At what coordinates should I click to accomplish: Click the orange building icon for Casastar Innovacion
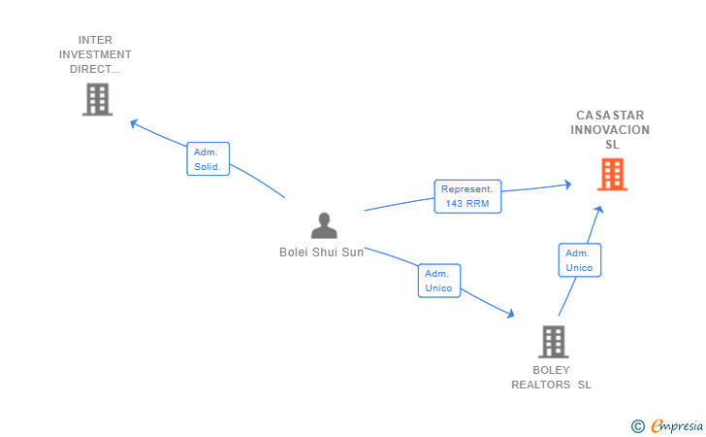click(612, 174)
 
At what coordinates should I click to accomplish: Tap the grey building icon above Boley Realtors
click(554, 342)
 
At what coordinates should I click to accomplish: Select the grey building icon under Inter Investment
click(97, 99)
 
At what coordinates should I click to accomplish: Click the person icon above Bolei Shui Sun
click(324, 225)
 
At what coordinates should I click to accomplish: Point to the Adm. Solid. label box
click(208, 158)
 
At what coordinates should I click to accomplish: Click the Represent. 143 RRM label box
click(467, 196)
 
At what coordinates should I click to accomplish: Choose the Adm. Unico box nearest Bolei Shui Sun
click(439, 281)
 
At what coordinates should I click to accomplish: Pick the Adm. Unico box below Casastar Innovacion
click(580, 260)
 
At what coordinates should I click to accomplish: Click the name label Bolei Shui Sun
click(322, 252)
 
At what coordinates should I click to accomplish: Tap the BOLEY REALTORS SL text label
click(551, 378)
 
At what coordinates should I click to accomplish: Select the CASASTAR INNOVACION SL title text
click(610, 130)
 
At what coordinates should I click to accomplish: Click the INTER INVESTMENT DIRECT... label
click(95, 54)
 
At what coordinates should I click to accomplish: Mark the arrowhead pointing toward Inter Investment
click(133, 123)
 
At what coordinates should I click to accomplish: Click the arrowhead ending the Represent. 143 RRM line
click(568, 184)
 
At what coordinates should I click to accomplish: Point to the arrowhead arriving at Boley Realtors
click(510, 314)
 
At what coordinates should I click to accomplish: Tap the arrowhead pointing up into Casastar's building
click(599, 209)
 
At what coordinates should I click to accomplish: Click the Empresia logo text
click(677, 425)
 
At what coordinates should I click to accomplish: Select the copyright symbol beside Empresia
click(638, 426)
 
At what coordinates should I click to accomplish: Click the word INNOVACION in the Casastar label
click(610, 130)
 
